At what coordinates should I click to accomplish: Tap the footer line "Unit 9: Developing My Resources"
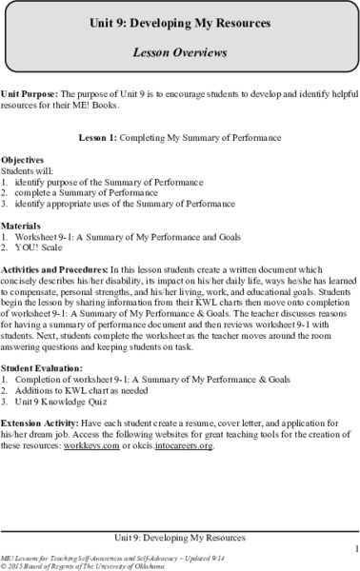180,534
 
